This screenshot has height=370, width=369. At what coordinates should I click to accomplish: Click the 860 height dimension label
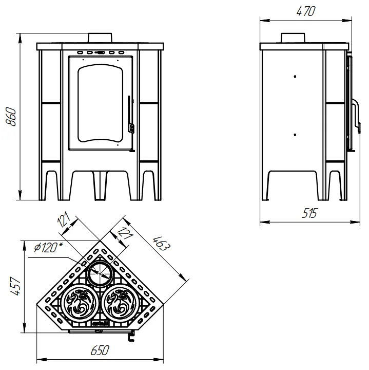pos(11,117)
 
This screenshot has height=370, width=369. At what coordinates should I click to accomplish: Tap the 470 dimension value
pos(305,11)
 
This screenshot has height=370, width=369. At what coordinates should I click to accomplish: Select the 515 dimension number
pos(309,213)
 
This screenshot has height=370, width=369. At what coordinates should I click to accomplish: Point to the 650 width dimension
pos(100,350)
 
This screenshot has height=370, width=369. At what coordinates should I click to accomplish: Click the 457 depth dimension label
pos(15,286)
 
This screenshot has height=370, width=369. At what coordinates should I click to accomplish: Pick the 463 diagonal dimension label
pos(161,243)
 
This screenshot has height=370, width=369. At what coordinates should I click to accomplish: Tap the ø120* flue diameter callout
pos(48,247)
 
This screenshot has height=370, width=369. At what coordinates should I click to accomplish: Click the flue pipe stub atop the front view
pos(100,38)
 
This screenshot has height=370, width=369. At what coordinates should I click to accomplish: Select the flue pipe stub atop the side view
pos(293,38)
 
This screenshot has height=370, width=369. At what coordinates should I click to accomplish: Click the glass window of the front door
pos(101,103)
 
